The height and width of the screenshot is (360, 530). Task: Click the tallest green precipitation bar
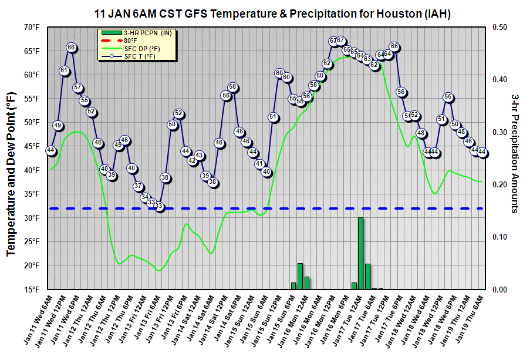click(x=360, y=253)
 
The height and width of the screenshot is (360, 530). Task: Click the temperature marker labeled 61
click(x=65, y=70)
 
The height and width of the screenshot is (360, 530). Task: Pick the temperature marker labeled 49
click(x=58, y=126)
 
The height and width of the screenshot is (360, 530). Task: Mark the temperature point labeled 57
click(x=78, y=88)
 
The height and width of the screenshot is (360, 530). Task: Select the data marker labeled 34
click(x=145, y=197)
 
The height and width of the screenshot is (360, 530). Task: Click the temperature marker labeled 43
click(x=199, y=156)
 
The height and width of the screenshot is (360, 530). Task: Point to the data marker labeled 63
click(x=367, y=59)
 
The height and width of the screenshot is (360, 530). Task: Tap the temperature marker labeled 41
click(x=259, y=164)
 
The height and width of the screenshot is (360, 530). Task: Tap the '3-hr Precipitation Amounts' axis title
click(x=515, y=153)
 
